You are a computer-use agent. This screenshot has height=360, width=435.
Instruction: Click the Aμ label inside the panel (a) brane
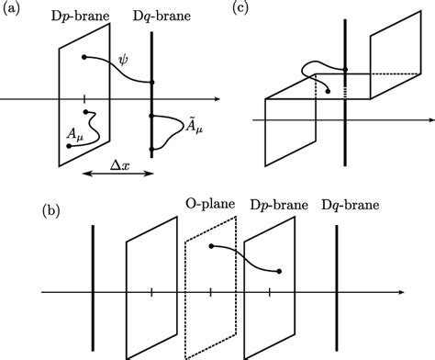53,134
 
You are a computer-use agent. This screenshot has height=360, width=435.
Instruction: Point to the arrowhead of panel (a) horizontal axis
216,98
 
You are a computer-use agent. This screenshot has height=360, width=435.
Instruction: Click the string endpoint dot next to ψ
84,57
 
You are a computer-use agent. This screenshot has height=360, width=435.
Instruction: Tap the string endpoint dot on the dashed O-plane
211,247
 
